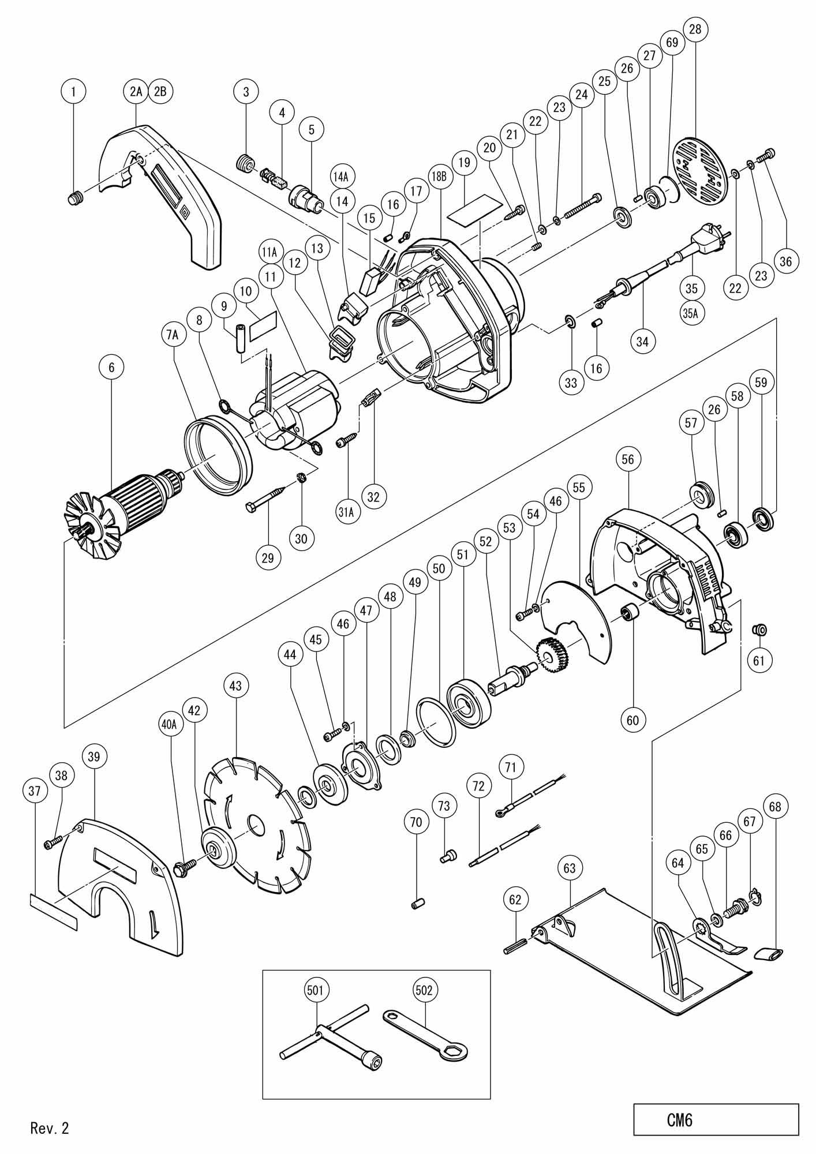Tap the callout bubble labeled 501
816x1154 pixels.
point(316,990)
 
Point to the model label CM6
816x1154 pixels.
point(680,1120)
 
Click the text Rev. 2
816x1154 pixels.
point(50,1128)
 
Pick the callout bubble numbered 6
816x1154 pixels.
point(111,366)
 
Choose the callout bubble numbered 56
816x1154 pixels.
point(628,459)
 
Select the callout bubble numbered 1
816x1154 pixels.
point(73,91)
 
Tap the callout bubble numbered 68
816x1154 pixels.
point(775,807)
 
